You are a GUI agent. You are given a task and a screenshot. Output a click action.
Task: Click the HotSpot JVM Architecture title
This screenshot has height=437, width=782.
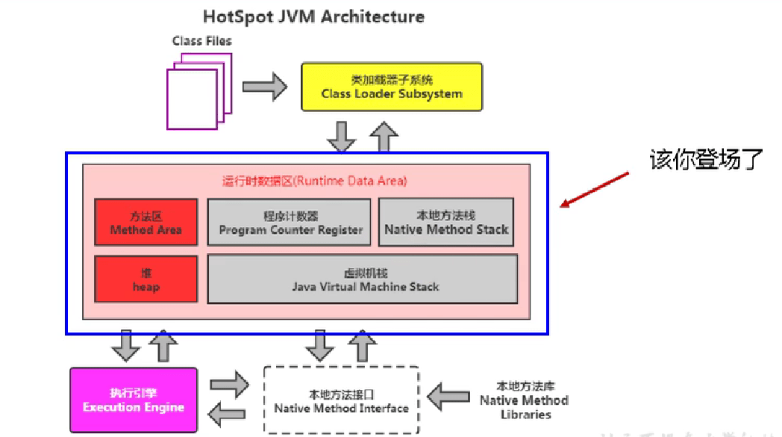pyautogui.click(x=313, y=16)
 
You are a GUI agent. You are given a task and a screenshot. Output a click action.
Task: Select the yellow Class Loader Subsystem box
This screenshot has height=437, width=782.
pyautogui.click(x=391, y=87)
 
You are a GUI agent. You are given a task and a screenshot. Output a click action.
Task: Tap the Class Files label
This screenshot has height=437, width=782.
pyautogui.click(x=201, y=41)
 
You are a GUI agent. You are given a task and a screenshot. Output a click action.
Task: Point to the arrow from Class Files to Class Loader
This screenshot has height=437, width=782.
pyautogui.click(x=265, y=86)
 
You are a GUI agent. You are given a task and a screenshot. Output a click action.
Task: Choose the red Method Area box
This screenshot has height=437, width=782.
pyautogui.click(x=146, y=223)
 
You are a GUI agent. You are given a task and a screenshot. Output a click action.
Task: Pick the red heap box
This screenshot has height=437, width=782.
pyautogui.click(x=146, y=279)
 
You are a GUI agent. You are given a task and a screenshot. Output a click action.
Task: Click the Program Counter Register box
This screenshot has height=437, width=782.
pyautogui.click(x=290, y=223)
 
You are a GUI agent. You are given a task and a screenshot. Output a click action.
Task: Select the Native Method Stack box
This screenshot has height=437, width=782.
pyautogui.click(x=446, y=222)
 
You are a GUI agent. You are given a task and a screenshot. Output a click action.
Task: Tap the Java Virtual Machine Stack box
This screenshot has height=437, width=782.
pyautogui.click(x=362, y=279)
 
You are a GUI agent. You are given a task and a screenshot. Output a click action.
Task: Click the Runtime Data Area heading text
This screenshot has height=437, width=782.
pyautogui.click(x=314, y=181)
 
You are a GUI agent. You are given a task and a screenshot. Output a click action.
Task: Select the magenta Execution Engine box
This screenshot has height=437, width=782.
pyautogui.click(x=134, y=400)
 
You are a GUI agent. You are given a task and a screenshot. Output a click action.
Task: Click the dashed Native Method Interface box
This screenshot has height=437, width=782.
pyautogui.click(x=341, y=400)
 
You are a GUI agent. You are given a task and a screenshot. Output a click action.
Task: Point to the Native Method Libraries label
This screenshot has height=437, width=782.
pyautogui.click(x=524, y=400)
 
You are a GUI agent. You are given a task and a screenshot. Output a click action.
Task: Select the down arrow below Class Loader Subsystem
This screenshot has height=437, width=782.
pyautogui.click(x=342, y=135)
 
